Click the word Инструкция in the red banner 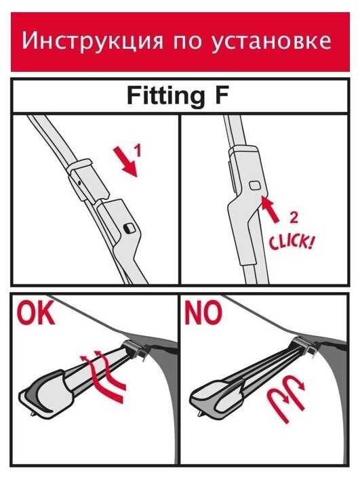[92, 41]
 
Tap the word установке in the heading [271, 41]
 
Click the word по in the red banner [187, 43]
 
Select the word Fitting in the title [165, 96]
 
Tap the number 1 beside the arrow [138, 150]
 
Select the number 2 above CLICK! [294, 217]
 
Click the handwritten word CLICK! [291, 242]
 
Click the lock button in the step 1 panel [129, 228]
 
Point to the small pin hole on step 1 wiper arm [79, 183]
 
